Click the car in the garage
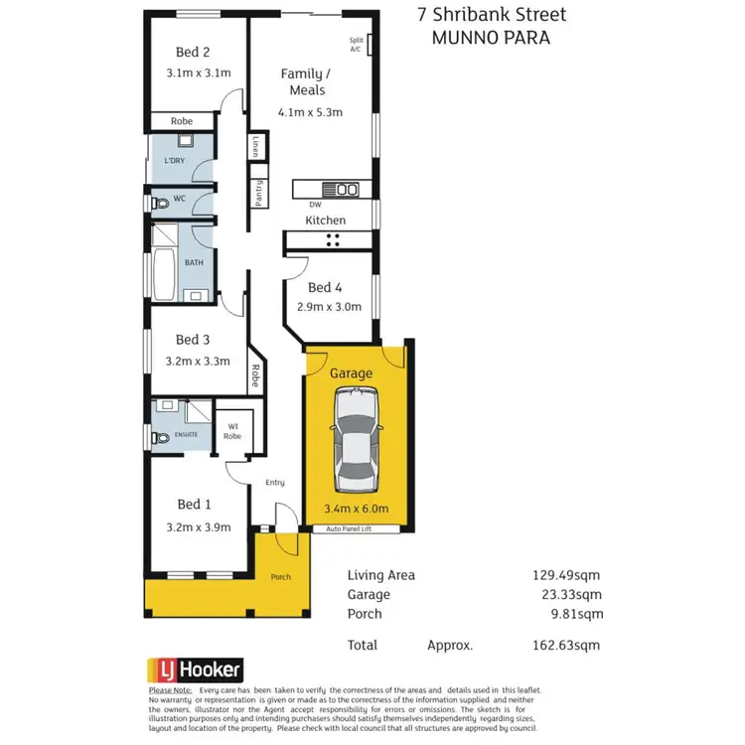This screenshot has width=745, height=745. [358, 440]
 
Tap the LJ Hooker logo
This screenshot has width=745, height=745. [195, 670]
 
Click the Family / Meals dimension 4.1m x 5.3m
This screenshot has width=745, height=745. [308, 112]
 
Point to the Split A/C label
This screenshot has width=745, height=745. [356, 45]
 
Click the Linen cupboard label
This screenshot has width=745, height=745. [255, 147]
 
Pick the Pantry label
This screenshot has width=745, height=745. [258, 191]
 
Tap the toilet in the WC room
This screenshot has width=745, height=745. [160, 202]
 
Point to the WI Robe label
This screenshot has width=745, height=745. [233, 432]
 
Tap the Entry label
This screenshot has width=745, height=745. [275, 483]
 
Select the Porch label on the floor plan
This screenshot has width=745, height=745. [281, 577]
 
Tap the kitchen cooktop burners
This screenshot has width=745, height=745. [333, 239]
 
